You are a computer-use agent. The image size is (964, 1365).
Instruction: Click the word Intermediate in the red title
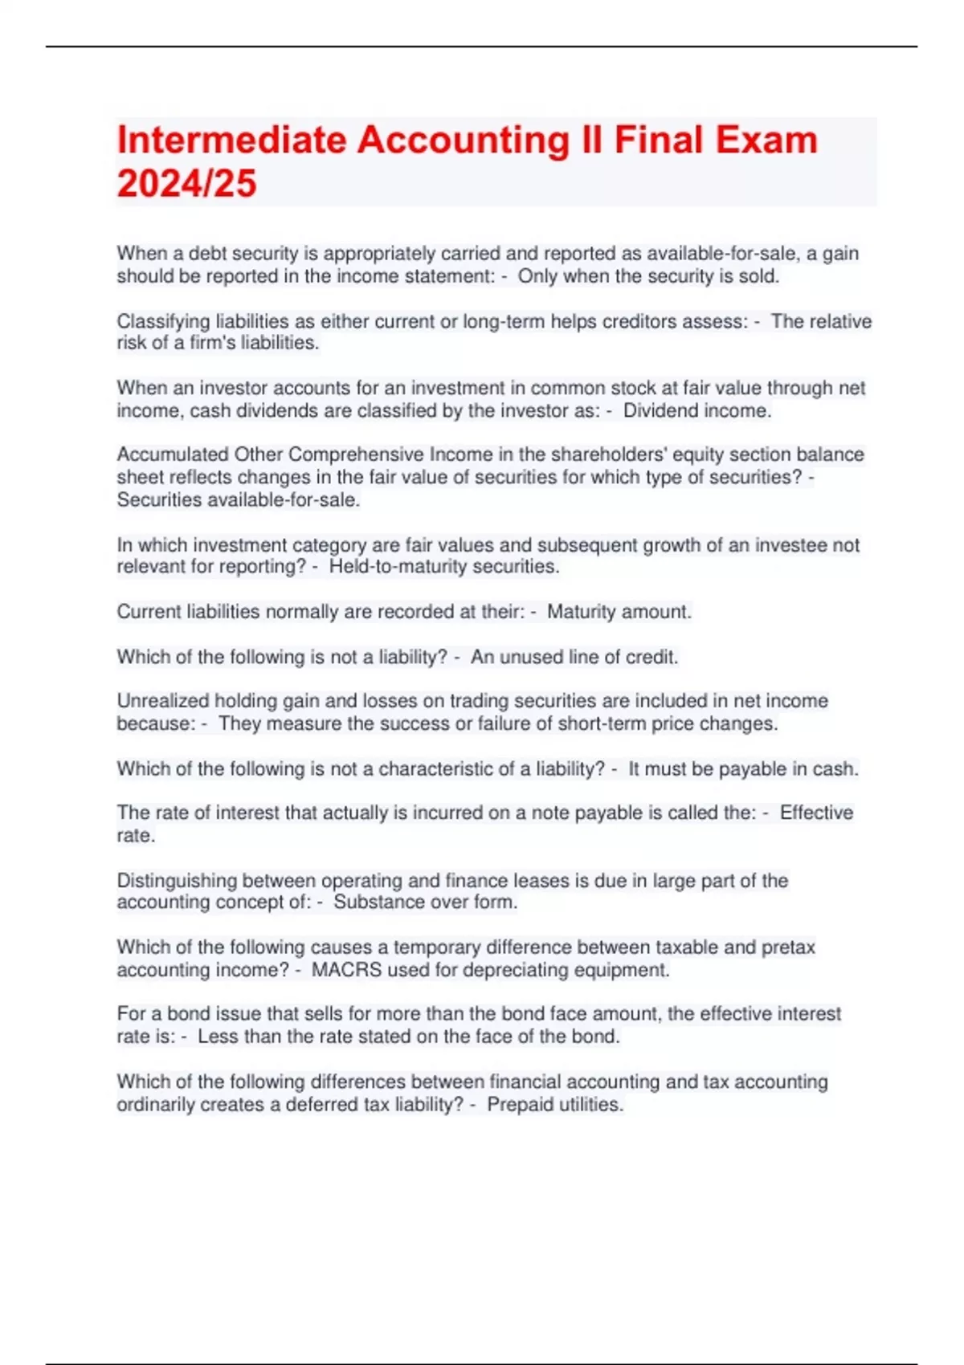231,141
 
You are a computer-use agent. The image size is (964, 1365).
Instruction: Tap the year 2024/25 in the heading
186,184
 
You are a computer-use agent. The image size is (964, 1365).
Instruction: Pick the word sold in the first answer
761,277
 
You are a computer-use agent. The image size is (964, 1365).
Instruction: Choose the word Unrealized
162,701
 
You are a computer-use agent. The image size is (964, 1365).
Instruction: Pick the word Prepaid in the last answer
518,1105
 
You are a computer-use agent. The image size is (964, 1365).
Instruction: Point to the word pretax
792,947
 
